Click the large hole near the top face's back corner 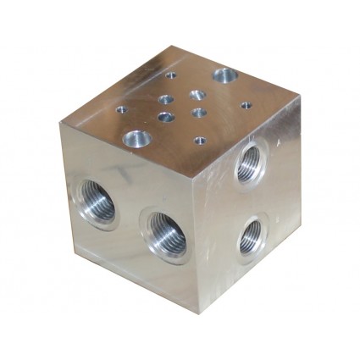point(224,76)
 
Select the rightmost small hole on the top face point(245,106)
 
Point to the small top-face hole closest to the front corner point(199,140)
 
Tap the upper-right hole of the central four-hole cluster point(197,94)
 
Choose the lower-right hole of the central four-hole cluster point(199,112)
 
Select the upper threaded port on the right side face point(250,163)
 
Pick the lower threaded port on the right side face point(251,235)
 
